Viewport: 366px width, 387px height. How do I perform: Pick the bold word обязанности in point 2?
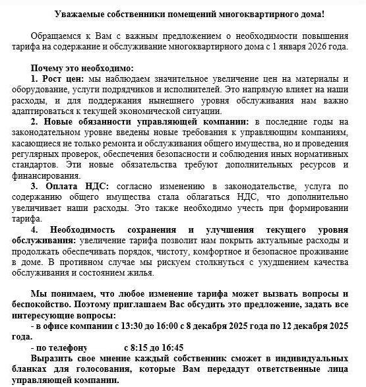coord(96,122)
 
